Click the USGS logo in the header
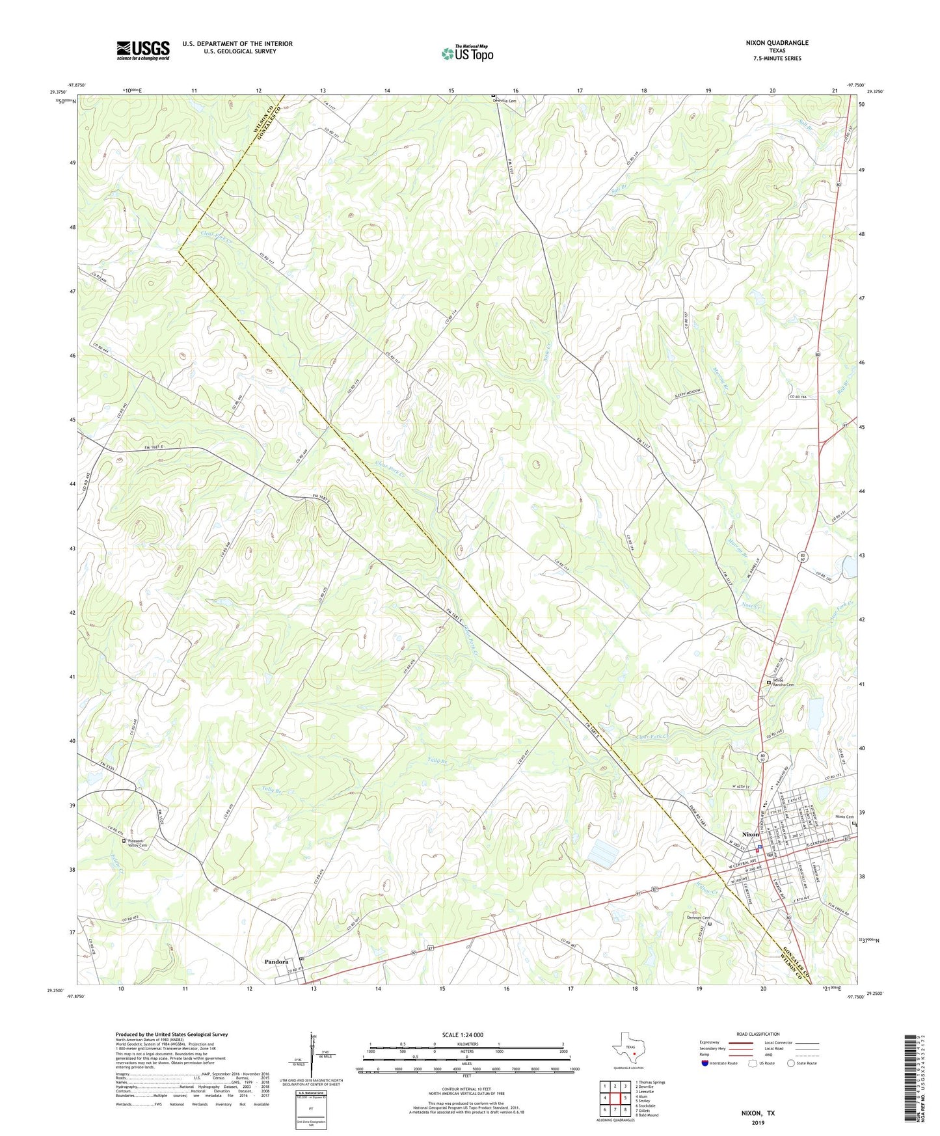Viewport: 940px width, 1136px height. pyautogui.click(x=142, y=50)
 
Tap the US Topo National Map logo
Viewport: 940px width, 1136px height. pyautogui.click(x=467, y=53)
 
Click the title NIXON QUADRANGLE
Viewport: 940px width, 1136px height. pyautogui.click(x=777, y=43)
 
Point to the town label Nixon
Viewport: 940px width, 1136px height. pyautogui.click(x=750, y=834)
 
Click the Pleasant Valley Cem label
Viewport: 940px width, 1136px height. pyautogui.click(x=138, y=843)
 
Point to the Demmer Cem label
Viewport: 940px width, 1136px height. pyautogui.click(x=698, y=917)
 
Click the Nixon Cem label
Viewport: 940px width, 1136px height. pyautogui.click(x=844, y=817)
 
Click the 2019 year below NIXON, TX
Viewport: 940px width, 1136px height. pyautogui.click(x=758, y=1122)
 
